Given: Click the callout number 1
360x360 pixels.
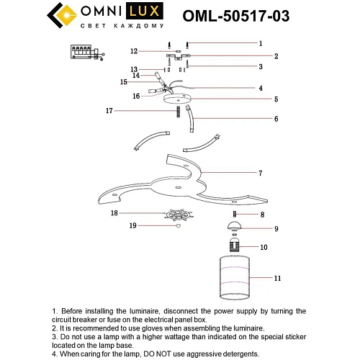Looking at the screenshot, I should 261,43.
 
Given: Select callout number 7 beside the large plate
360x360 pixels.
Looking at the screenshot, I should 261,174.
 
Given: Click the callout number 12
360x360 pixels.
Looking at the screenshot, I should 134,51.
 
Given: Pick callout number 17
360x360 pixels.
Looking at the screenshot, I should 109,111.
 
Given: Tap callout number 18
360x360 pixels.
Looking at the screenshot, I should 114,214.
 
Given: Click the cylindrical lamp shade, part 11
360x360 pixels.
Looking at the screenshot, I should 236,276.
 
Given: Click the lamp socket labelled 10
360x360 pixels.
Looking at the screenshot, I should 236,248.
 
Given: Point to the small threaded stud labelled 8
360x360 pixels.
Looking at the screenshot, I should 235,215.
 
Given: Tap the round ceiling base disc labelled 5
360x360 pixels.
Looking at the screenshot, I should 177,100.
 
